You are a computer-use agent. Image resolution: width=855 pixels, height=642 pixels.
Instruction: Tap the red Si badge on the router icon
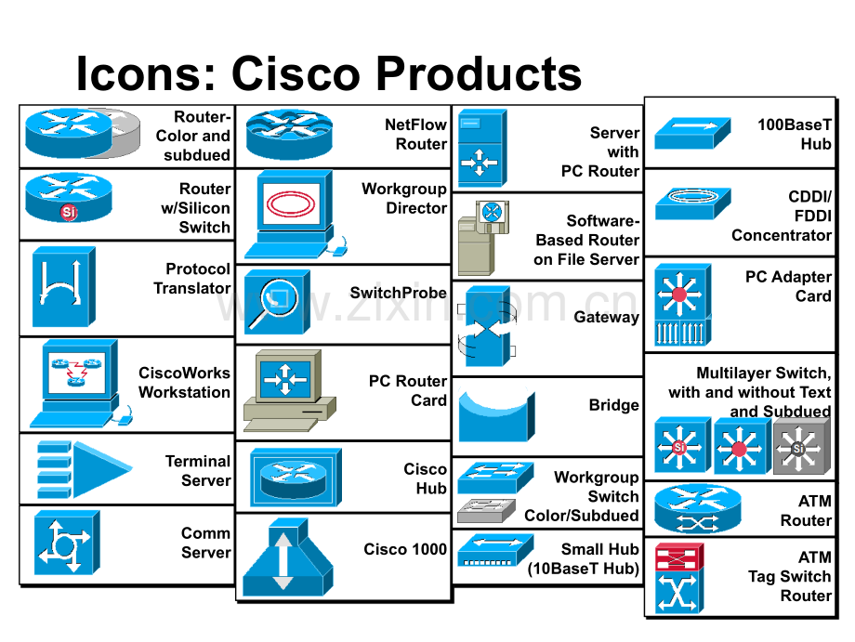(x=69, y=212)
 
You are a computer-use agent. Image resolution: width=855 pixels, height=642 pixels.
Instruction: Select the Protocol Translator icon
(x=64, y=287)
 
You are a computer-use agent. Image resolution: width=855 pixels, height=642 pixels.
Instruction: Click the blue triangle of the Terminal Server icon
(x=102, y=469)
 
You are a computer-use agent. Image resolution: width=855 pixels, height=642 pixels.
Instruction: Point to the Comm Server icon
(x=67, y=543)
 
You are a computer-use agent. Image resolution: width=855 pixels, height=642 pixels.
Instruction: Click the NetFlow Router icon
(x=289, y=134)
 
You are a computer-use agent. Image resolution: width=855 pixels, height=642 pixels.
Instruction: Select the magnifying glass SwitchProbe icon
(x=277, y=301)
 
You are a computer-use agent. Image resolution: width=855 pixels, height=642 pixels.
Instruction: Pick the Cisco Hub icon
(x=296, y=478)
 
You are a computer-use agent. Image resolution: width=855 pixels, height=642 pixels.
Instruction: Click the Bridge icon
(x=496, y=414)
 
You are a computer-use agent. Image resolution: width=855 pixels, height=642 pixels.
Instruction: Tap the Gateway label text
(x=606, y=317)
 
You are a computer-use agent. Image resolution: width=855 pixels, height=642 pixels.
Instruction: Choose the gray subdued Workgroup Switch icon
(x=486, y=511)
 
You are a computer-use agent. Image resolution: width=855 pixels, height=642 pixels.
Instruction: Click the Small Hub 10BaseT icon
(x=495, y=550)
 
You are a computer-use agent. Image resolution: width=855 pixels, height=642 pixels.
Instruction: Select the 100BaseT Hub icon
(x=692, y=133)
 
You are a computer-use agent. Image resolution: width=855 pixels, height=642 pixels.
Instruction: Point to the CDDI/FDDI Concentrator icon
(x=692, y=203)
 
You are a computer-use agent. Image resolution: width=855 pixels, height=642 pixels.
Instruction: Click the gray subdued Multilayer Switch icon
(x=801, y=446)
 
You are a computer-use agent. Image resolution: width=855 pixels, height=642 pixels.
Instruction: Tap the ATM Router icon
(x=697, y=509)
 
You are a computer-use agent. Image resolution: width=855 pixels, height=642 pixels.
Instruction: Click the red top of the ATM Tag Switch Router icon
(x=678, y=557)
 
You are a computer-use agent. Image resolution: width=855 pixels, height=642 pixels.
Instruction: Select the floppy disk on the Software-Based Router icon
(x=493, y=216)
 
